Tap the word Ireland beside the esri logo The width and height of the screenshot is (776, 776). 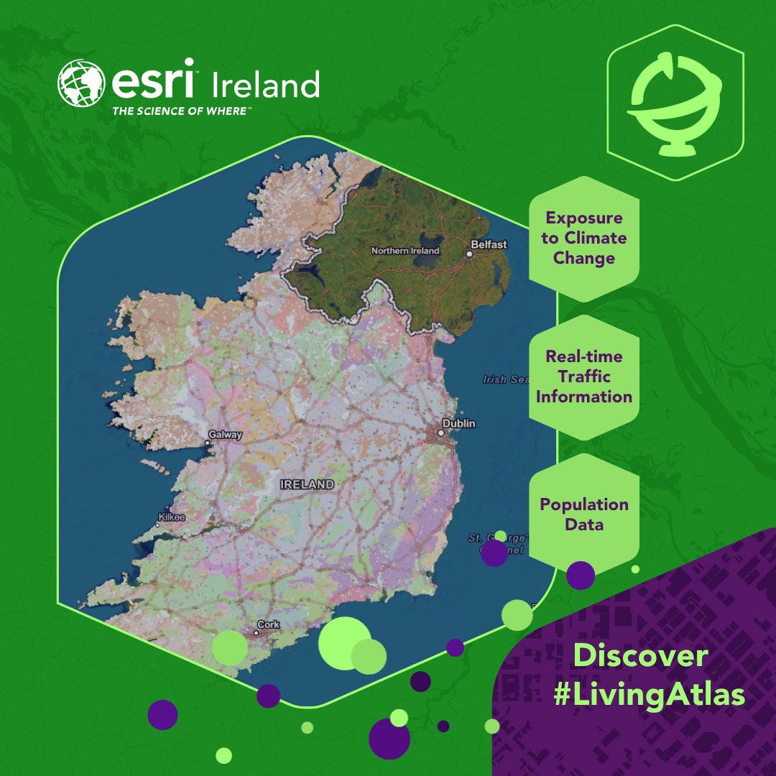(265, 86)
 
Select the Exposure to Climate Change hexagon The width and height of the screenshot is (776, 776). (583, 238)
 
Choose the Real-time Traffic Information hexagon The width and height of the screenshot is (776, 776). (583, 377)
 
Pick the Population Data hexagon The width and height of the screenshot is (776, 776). (583, 514)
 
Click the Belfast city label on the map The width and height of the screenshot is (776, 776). (489, 245)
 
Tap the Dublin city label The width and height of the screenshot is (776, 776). (458, 424)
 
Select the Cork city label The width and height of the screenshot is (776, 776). (268, 624)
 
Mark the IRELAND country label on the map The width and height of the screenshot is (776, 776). (308, 484)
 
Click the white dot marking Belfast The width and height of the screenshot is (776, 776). (469, 254)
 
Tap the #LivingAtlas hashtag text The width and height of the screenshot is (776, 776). (649, 696)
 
